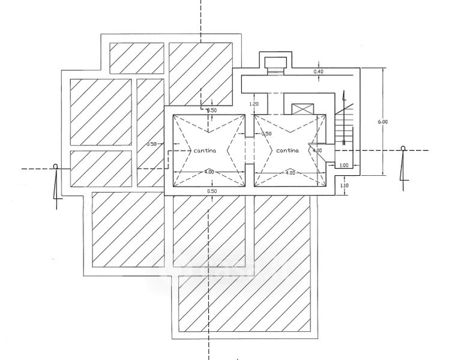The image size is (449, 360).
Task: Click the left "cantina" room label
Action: pyautogui.click(x=205, y=151)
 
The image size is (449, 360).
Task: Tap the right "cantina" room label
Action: pyautogui.click(x=288, y=151)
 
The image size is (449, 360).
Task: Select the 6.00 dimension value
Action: pyautogui.click(x=383, y=122)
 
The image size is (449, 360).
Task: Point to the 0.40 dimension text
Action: pyautogui.click(x=318, y=71)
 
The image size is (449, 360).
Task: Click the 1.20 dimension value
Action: pyautogui.click(x=254, y=104)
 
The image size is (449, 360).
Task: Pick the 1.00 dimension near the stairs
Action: pyautogui.click(x=343, y=165)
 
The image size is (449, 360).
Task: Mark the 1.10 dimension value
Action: pyautogui.click(x=344, y=185)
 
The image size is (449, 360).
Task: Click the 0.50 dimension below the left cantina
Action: pyautogui.click(x=212, y=191)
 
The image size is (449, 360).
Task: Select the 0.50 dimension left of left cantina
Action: pyautogui.click(x=152, y=144)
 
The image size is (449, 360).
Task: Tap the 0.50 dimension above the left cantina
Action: pyautogui.click(x=212, y=110)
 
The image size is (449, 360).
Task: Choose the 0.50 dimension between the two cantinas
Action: pyautogui.click(x=267, y=134)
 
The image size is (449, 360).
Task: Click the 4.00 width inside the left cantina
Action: pyautogui.click(x=209, y=172)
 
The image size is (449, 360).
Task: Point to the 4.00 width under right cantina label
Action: pyautogui.click(x=291, y=173)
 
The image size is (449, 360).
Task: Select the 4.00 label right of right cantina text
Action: pyautogui.click(x=317, y=150)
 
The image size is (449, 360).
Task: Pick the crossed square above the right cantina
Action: pyautogui.click(x=303, y=109)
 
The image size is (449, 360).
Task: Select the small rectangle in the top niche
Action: pyautogui.click(x=275, y=62)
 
